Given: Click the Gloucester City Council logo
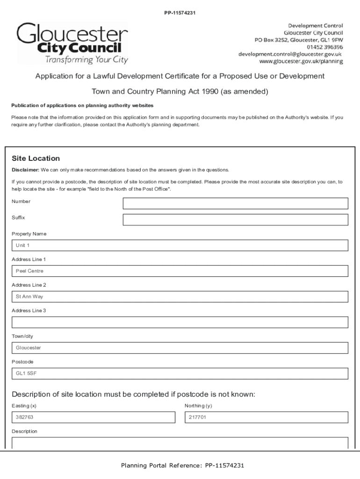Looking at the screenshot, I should point(72,43).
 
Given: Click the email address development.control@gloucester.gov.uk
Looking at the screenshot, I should point(290,54).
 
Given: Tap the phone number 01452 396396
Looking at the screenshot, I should point(324,47).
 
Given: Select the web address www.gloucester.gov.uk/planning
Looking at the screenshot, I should point(301,62).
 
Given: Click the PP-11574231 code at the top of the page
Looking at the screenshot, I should point(180,13).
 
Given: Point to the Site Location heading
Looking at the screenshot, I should point(36,159).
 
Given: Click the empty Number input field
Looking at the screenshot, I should point(235,203).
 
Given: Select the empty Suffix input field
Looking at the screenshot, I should point(235,220).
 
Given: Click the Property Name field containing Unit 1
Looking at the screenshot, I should point(180,246).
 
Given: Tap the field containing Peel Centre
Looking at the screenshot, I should point(180,271).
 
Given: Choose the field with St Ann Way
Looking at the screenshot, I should point(180,297).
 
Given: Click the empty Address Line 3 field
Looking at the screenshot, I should point(180,322).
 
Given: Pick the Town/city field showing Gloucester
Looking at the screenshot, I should point(180,348).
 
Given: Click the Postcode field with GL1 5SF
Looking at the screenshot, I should point(180,374).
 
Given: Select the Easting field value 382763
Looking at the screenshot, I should point(93,417).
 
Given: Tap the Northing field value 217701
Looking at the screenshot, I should point(266,417).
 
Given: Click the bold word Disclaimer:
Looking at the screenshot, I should point(25,170).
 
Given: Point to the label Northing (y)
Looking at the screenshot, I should point(198,406).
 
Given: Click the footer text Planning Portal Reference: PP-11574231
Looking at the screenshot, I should point(182,465).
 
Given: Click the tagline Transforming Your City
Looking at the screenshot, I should point(86,60).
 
